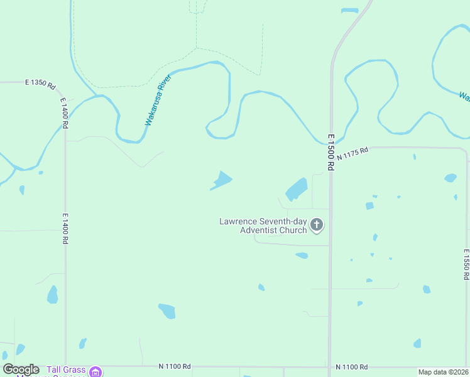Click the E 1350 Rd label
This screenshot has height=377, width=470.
[40, 83]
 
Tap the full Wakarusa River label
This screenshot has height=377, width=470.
[158, 100]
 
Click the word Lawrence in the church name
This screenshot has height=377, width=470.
[240, 221]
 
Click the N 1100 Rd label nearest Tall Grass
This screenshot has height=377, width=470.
[175, 366]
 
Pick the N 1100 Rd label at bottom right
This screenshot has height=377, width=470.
[351, 366]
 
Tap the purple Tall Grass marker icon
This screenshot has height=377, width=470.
[96, 371]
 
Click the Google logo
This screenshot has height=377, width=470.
[21, 369]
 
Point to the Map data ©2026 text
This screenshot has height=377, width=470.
[442, 372]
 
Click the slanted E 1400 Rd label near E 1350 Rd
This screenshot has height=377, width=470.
[64, 113]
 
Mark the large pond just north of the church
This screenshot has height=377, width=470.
[296, 188]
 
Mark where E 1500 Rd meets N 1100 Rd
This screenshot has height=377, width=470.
[330, 366]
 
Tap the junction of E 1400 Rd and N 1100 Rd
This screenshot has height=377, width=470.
[65, 365]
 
